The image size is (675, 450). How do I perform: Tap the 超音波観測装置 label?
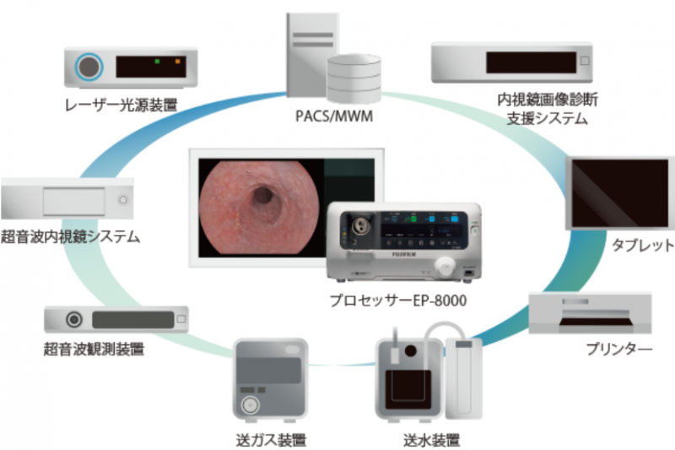tap(94, 348)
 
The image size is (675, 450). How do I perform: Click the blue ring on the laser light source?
tap(88, 67)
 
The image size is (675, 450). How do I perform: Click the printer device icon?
tap(590, 312)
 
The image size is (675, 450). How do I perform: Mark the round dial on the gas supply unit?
tap(249, 405)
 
